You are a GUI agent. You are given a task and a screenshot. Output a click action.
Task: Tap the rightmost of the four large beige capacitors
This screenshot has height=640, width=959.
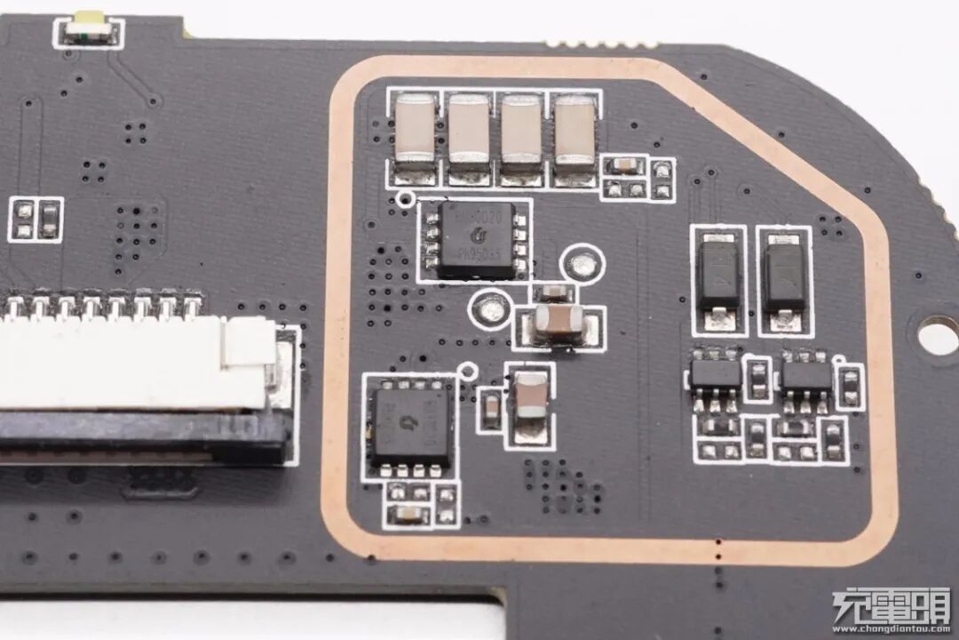coord(575,130)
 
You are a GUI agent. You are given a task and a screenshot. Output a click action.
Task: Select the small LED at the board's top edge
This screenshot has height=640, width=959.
coord(89,29)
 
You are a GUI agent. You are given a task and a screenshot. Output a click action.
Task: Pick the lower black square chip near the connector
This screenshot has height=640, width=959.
coord(410,425)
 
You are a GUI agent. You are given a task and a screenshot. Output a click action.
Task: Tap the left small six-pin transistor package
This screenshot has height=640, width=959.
coord(716,374)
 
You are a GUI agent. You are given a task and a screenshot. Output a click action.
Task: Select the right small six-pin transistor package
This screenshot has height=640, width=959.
coord(806,374)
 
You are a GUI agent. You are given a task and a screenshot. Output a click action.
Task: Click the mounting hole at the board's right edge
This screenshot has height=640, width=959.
coord(938,336)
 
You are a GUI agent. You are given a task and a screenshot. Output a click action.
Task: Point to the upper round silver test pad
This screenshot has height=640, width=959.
coord(583,264)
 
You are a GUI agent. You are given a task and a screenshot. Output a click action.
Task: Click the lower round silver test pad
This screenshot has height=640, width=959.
coord(489,308)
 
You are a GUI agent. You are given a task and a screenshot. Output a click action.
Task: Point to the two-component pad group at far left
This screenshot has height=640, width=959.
coord(36,220)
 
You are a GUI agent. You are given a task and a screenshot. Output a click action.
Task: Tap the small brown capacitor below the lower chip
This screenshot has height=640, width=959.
coord(409,513)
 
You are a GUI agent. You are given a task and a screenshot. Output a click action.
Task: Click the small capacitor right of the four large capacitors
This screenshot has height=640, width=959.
coord(625,164)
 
